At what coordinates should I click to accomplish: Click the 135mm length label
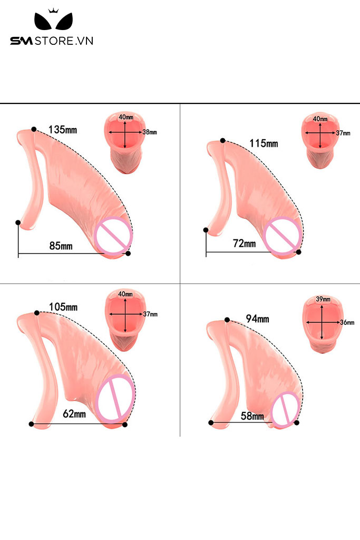click(x=63, y=129)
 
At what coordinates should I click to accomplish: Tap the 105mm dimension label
click(x=63, y=307)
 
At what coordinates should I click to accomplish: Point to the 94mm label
click(x=257, y=319)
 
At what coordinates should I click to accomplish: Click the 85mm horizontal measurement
click(x=61, y=246)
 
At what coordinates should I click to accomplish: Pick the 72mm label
click(x=244, y=244)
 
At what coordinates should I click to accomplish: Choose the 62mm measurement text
click(x=74, y=414)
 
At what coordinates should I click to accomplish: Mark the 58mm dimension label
click(x=252, y=416)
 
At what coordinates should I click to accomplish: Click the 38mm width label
click(x=150, y=132)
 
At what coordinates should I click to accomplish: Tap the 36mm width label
click(x=347, y=322)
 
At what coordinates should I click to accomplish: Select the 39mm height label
click(x=322, y=300)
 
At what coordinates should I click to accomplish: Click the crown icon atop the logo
click(x=52, y=11)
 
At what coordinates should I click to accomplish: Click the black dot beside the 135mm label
click(x=34, y=129)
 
